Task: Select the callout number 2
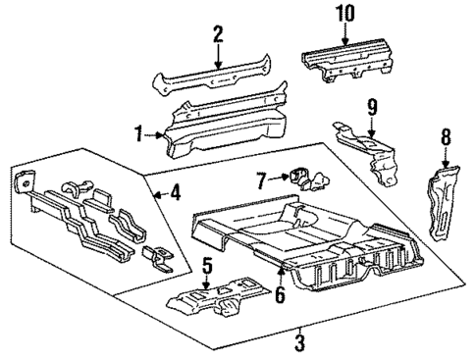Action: click(x=219, y=36)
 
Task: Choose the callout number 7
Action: click(x=260, y=180)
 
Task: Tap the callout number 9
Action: click(x=372, y=106)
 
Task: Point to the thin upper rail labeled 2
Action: click(x=218, y=78)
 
